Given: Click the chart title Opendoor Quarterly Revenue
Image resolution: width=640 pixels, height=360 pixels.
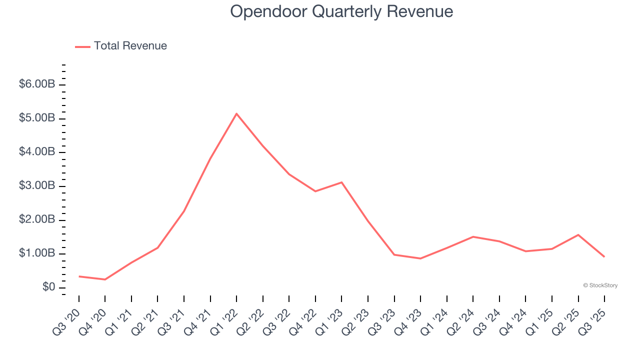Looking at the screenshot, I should coord(341,11).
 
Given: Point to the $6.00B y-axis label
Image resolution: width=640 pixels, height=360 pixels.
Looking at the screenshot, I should coord(36,84).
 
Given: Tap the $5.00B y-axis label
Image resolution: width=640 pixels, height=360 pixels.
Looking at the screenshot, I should coord(36,118).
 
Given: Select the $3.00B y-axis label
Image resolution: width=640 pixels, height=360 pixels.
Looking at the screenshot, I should coord(36,185).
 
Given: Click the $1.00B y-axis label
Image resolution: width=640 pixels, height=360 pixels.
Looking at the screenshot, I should coord(36,253).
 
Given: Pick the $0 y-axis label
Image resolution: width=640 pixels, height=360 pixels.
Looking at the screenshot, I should coord(48,287).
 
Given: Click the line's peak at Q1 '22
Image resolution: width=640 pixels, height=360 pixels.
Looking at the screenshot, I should coord(236,113).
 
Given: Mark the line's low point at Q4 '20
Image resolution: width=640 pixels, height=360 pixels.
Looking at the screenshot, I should coord(105,279).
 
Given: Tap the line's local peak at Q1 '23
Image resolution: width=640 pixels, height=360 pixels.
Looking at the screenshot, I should coord(341,182).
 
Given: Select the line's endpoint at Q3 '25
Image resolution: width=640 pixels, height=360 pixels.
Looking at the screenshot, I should coord(604,257).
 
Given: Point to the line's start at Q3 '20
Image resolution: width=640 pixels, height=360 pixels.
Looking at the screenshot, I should coord(79,276).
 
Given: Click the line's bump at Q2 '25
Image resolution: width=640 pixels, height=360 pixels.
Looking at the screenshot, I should coord(578,234).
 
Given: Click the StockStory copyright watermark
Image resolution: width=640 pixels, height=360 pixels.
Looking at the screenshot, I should coord(600,285).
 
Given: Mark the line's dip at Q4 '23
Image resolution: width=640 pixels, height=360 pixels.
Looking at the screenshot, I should coord(420,258).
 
